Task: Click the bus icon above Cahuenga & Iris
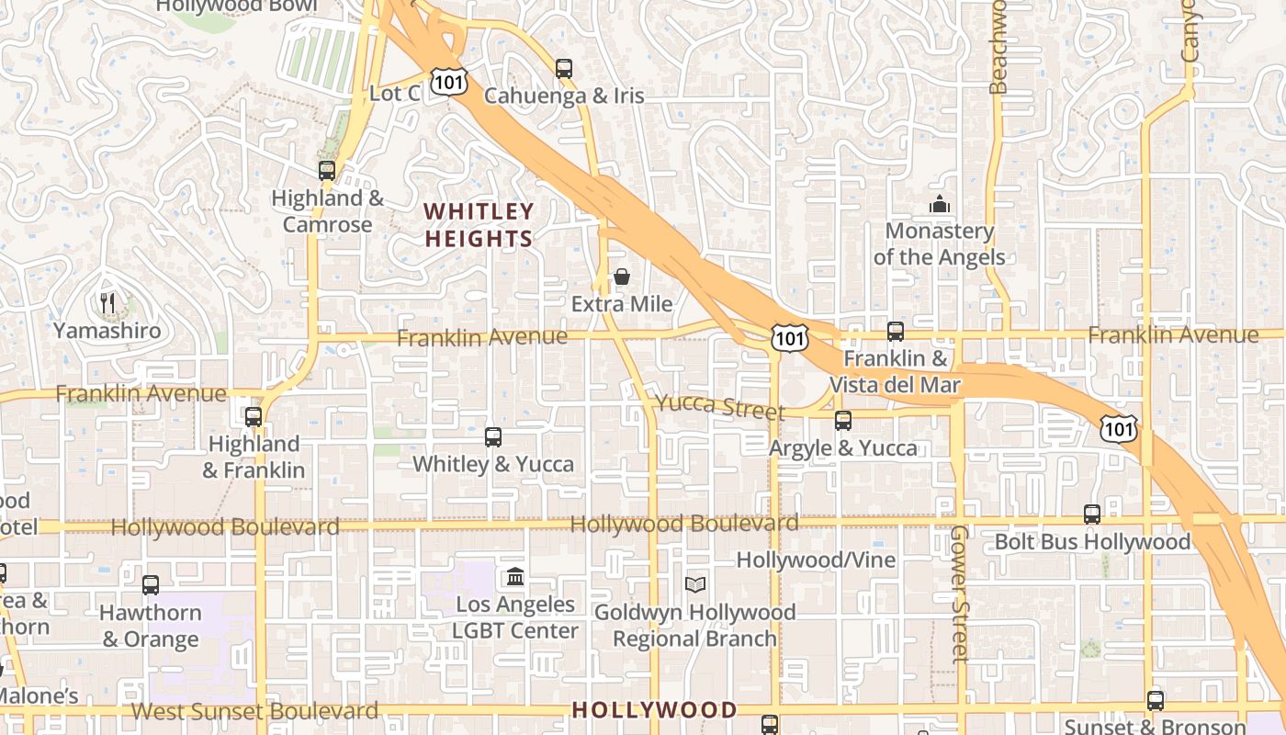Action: coord(564,68)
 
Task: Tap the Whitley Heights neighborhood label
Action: coord(478,225)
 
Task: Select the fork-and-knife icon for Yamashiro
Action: coord(107,302)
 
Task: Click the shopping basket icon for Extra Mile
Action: coord(622,277)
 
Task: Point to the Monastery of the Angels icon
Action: coord(939,204)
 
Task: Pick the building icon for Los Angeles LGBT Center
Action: coord(515,577)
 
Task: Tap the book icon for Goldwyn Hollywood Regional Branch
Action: coord(695,584)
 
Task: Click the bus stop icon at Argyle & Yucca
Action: coord(843,421)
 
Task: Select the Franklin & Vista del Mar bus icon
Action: coord(896,332)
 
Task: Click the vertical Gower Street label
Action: coord(960,594)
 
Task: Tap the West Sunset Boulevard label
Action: coord(254,711)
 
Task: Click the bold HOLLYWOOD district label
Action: coord(654,709)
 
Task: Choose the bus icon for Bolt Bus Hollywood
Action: coord(1092,514)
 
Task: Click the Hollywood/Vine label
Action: coord(816,560)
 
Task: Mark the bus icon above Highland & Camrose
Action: coord(327,171)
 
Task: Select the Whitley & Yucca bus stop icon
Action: coord(493,437)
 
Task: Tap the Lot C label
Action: coord(394,94)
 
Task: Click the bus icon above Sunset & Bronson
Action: coord(1156,700)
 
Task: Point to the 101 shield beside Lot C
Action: coord(450,82)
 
